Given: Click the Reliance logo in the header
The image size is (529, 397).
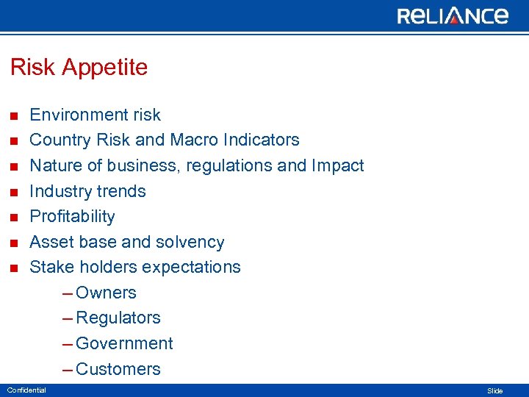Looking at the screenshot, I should coord(453,15).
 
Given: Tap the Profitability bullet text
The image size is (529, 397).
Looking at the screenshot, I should coord(72,217).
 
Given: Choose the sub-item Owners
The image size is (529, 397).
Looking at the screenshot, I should coord(106,293).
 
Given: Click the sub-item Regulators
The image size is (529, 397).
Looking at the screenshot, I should coord(118,318).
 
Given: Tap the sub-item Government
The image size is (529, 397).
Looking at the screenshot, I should coord(124,343).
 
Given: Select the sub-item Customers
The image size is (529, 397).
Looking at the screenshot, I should coord(118,369).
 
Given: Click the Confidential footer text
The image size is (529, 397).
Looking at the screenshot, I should coord(26,390).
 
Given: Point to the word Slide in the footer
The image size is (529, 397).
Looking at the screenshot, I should coord(495,391).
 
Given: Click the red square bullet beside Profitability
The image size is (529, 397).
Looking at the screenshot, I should coord(12,218).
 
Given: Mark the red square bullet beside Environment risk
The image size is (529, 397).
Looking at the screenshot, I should coord(12,116).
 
